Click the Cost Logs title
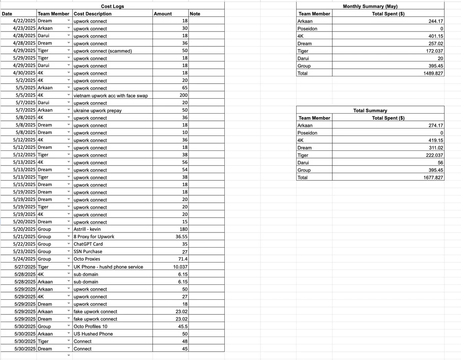click(112, 6)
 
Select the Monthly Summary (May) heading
click(370, 6)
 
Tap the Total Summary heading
click(370, 111)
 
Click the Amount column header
click(163, 14)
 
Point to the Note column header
click(195, 14)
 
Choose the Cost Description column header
click(93, 14)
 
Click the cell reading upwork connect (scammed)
click(103, 51)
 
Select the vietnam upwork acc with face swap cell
click(111, 96)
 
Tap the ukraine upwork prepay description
click(98, 111)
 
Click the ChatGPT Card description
click(88, 244)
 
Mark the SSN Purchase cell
click(88, 251)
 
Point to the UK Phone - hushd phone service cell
click(108, 267)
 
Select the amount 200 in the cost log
click(183, 96)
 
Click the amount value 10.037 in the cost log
click(180, 267)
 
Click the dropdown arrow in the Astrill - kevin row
click(69, 229)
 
